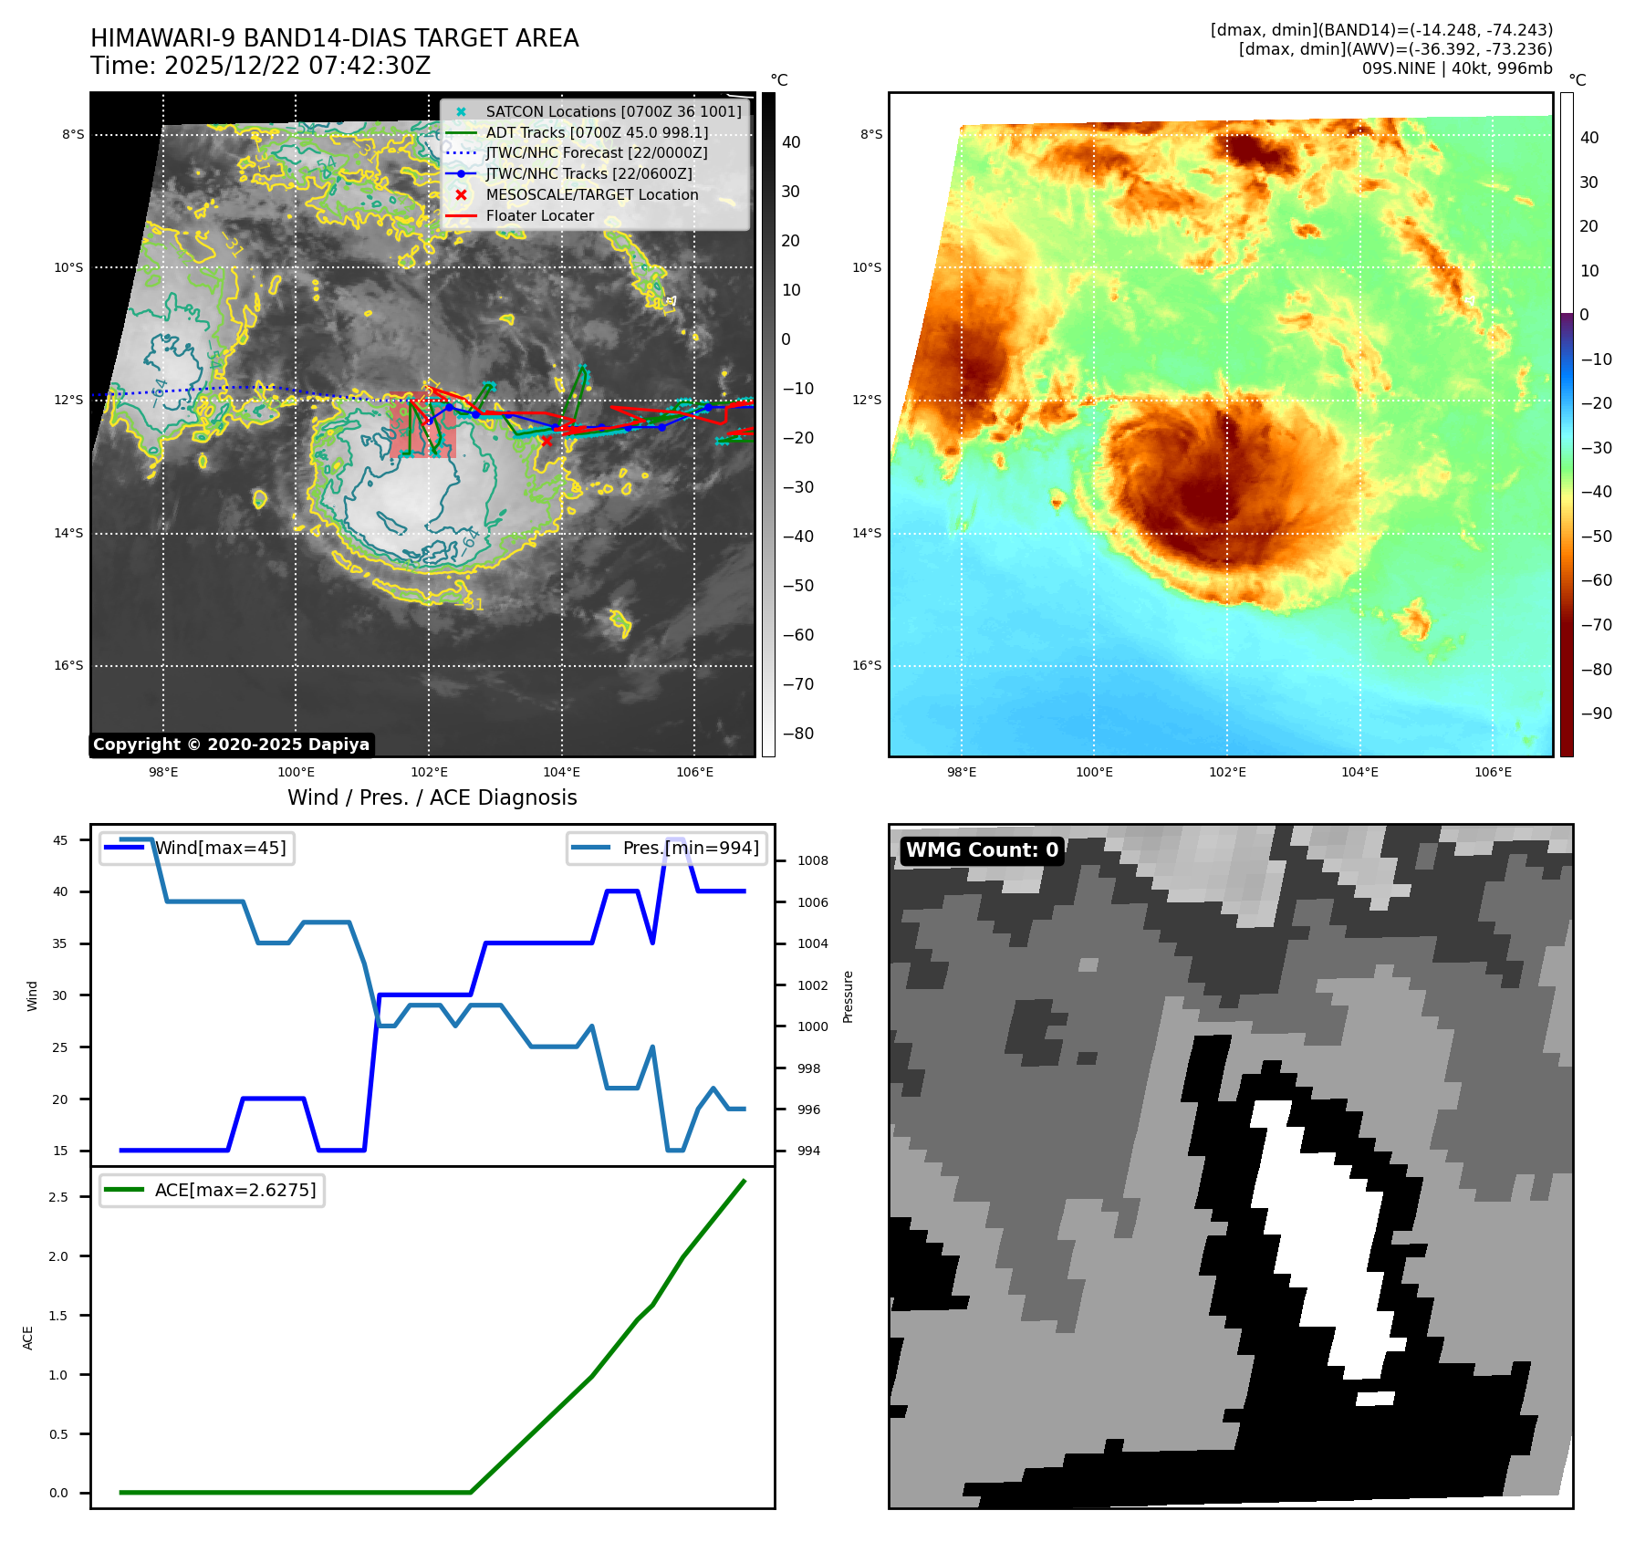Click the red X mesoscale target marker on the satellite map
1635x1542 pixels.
(x=547, y=442)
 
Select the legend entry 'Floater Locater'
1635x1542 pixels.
(x=539, y=216)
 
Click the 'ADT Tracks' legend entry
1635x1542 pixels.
(x=597, y=132)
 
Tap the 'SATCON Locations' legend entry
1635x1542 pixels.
(x=613, y=111)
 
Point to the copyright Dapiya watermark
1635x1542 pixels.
(x=232, y=745)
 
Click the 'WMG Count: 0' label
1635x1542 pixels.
(x=982, y=850)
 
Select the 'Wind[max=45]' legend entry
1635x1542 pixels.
(x=220, y=849)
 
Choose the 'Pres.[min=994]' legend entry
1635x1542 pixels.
(x=690, y=849)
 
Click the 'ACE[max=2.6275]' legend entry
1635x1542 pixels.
(x=235, y=1191)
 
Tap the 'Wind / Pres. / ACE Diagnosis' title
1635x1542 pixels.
(x=432, y=798)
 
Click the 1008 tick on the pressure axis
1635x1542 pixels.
(x=812, y=861)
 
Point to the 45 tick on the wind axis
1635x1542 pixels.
(x=60, y=840)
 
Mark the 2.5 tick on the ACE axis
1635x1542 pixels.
(x=58, y=1197)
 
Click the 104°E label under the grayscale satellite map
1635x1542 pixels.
(x=561, y=773)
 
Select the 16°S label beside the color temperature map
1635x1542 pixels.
(x=867, y=666)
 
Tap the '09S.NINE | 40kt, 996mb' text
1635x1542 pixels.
(x=1457, y=69)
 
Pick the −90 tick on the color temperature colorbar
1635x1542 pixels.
(x=1597, y=714)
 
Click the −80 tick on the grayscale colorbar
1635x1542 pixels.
(x=798, y=734)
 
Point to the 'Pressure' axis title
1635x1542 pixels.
(x=849, y=996)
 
